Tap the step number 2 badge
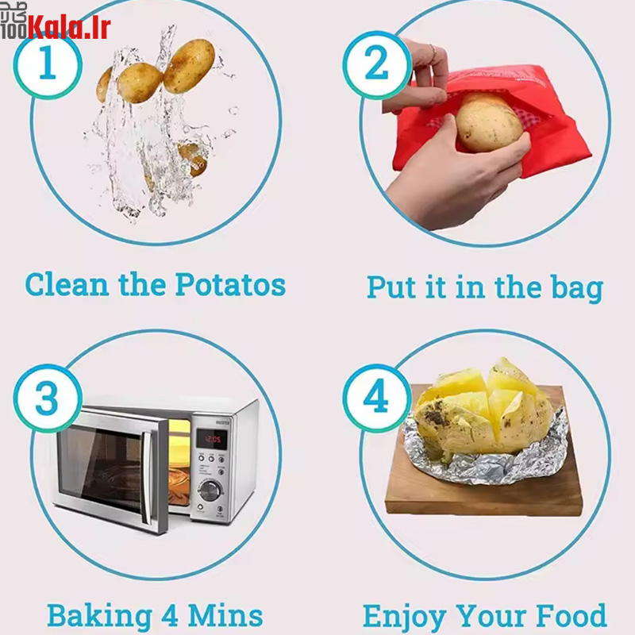coord(377,64)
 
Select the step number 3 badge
coord(48,398)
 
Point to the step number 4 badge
coord(377,398)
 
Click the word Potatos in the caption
coord(230,284)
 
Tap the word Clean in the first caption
coord(67,284)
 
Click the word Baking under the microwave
coord(100,617)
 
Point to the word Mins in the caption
coord(225,616)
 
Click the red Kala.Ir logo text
coord(69,28)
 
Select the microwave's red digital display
coord(211,439)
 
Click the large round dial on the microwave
coord(210,490)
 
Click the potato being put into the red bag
coord(489,123)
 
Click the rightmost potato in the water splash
coord(189,66)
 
